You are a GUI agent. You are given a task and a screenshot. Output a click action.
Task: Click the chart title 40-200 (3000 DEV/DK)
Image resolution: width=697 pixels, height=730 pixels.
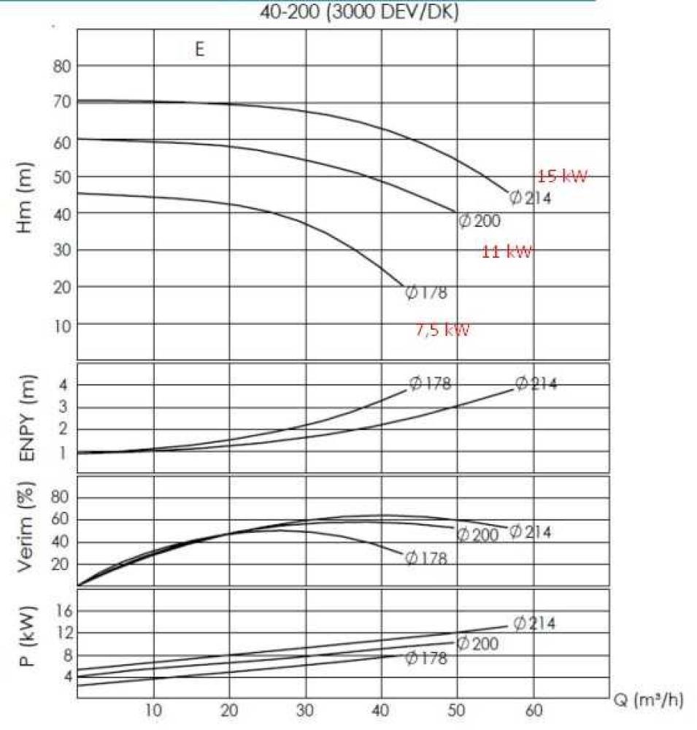tap(359, 13)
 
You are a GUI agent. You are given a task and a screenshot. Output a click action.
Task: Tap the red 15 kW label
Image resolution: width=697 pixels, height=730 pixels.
tap(562, 176)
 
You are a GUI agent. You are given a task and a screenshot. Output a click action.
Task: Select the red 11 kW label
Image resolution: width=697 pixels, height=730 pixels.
tap(507, 252)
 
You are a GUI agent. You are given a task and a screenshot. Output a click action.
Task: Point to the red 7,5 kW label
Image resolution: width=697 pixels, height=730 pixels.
tap(443, 330)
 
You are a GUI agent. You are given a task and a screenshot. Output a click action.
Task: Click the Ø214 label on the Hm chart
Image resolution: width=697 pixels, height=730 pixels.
tap(530, 198)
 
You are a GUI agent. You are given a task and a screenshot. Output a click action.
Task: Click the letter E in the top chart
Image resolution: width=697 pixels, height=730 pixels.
tap(199, 50)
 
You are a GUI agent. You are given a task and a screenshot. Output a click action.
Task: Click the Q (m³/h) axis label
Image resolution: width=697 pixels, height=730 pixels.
tap(648, 701)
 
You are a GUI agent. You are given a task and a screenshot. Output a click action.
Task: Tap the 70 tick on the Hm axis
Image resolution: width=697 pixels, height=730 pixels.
tap(61, 102)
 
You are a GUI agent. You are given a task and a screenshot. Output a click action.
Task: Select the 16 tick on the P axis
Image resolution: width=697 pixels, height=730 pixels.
tap(63, 610)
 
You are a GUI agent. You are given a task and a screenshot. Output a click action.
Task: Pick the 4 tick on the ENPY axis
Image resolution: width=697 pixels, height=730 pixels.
tap(63, 384)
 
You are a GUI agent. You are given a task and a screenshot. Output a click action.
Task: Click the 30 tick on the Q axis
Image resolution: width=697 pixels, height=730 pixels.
tap(306, 712)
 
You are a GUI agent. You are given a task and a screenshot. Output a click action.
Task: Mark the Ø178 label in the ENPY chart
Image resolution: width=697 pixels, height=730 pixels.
tap(430, 383)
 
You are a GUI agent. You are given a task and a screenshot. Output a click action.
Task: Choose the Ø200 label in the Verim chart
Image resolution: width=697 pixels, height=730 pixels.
tap(478, 535)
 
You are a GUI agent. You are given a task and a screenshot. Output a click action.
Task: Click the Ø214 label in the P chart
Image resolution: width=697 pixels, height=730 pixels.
tap(534, 623)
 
